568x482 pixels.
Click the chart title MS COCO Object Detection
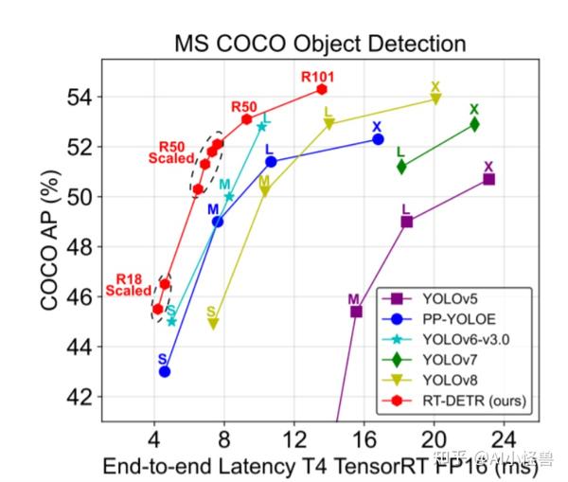point(320,44)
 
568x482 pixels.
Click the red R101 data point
point(322,89)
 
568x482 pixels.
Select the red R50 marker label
point(244,106)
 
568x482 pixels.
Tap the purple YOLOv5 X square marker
point(488,179)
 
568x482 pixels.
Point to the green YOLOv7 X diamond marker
point(474,124)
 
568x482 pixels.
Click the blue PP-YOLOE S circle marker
point(165,371)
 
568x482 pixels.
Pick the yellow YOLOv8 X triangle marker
point(435,99)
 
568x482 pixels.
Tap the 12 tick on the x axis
point(293,438)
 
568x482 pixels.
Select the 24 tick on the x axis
point(505,438)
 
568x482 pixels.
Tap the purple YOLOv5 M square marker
point(356,312)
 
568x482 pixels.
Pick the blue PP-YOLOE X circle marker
point(378,139)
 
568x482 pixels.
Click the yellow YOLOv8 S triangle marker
point(213,324)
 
